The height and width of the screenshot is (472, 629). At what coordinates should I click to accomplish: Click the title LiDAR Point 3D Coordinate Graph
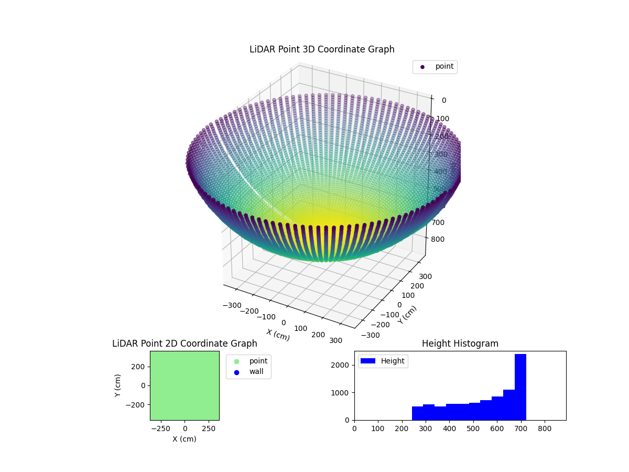(x=322, y=49)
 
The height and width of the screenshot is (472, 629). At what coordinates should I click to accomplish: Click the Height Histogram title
(x=460, y=344)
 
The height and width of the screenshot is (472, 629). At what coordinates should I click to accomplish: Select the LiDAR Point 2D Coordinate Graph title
(x=185, y=344)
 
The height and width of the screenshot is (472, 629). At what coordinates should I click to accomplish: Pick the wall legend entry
(x=256, y=372)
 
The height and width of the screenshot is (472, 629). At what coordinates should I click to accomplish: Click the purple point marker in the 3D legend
(x=422, y=67)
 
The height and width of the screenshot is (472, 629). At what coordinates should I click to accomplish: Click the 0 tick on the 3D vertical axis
(x=443, y=101)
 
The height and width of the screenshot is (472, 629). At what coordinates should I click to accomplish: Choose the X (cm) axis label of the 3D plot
(x=278, y=335)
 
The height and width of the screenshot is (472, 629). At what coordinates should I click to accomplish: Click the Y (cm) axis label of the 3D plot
(x=407, y=315)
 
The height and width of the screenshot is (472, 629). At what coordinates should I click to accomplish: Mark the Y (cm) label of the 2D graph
(x=118, y=385)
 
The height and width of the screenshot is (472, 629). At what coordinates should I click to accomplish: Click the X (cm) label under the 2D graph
(x=185, y=439)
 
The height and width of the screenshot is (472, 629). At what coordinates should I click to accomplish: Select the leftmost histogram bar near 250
(x=417, y=413)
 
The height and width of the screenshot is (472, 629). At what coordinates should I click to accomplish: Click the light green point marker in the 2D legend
(x=236, y=361)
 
